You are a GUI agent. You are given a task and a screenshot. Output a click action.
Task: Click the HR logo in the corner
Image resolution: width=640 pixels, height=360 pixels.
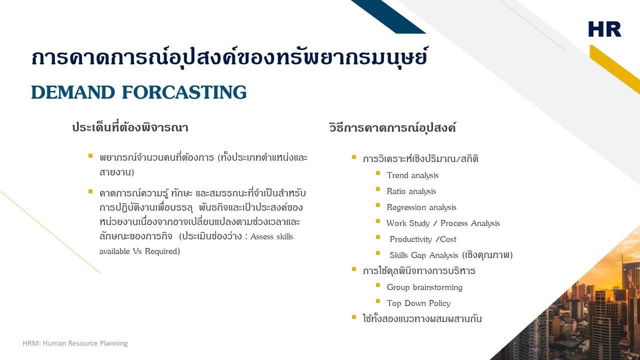click(x=604, y=29)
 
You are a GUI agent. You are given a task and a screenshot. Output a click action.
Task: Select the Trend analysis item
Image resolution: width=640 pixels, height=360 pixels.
click(x=412, y=175)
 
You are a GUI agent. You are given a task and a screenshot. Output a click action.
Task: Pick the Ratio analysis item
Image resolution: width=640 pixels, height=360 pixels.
click(x=411, y=191)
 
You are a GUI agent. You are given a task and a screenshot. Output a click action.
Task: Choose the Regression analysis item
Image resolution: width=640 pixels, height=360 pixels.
click(x=421, y=207)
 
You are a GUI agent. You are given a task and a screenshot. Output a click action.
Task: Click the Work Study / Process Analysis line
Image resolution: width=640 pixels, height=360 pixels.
click(x=443, y=223)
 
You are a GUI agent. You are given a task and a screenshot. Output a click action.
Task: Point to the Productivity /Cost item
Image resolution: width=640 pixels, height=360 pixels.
click(x=422, y=239)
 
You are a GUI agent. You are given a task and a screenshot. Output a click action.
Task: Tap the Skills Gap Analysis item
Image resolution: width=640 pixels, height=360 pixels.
click(x=450, y=255)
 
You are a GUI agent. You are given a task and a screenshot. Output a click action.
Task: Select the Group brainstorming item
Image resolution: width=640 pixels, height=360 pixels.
click(x=424, y=287)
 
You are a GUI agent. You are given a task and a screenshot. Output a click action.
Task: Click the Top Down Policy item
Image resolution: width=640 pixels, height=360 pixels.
click(x=418, y=303)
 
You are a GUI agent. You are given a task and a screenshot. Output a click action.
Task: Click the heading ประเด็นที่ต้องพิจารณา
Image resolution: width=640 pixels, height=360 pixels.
click(x=130, y=127)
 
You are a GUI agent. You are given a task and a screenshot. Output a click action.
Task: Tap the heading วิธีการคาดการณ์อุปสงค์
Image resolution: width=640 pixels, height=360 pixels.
click(x=392, y=127)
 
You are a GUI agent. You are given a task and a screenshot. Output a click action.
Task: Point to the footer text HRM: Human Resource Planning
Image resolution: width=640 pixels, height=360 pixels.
click(x=75, y=343)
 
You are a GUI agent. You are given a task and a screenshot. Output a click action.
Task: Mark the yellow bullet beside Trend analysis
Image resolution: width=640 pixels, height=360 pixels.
click(x=378, y=173)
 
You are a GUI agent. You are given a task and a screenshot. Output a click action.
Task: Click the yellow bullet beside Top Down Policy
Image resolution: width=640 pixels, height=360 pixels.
click(x=378, y=301)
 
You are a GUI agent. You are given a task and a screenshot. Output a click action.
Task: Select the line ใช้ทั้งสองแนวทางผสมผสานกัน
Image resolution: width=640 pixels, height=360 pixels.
click(x=422, y=318)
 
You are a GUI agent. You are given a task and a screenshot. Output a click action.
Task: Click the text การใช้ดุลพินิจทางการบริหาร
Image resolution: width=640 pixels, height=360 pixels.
click(x=419, y=271)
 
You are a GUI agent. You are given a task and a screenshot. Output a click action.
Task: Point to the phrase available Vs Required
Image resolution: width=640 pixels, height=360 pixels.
click(x=139, y=251)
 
